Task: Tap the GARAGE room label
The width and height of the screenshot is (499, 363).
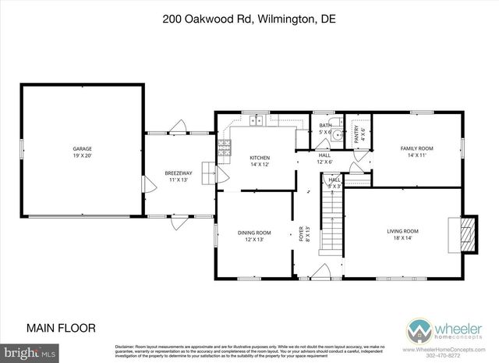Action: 82,148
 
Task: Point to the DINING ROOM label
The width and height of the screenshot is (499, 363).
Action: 254,232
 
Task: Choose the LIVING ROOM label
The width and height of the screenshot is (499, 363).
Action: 403,230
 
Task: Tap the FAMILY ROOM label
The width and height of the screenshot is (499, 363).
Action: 416,148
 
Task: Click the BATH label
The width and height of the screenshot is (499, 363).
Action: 325,125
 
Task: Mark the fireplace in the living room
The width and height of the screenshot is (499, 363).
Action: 465,233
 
